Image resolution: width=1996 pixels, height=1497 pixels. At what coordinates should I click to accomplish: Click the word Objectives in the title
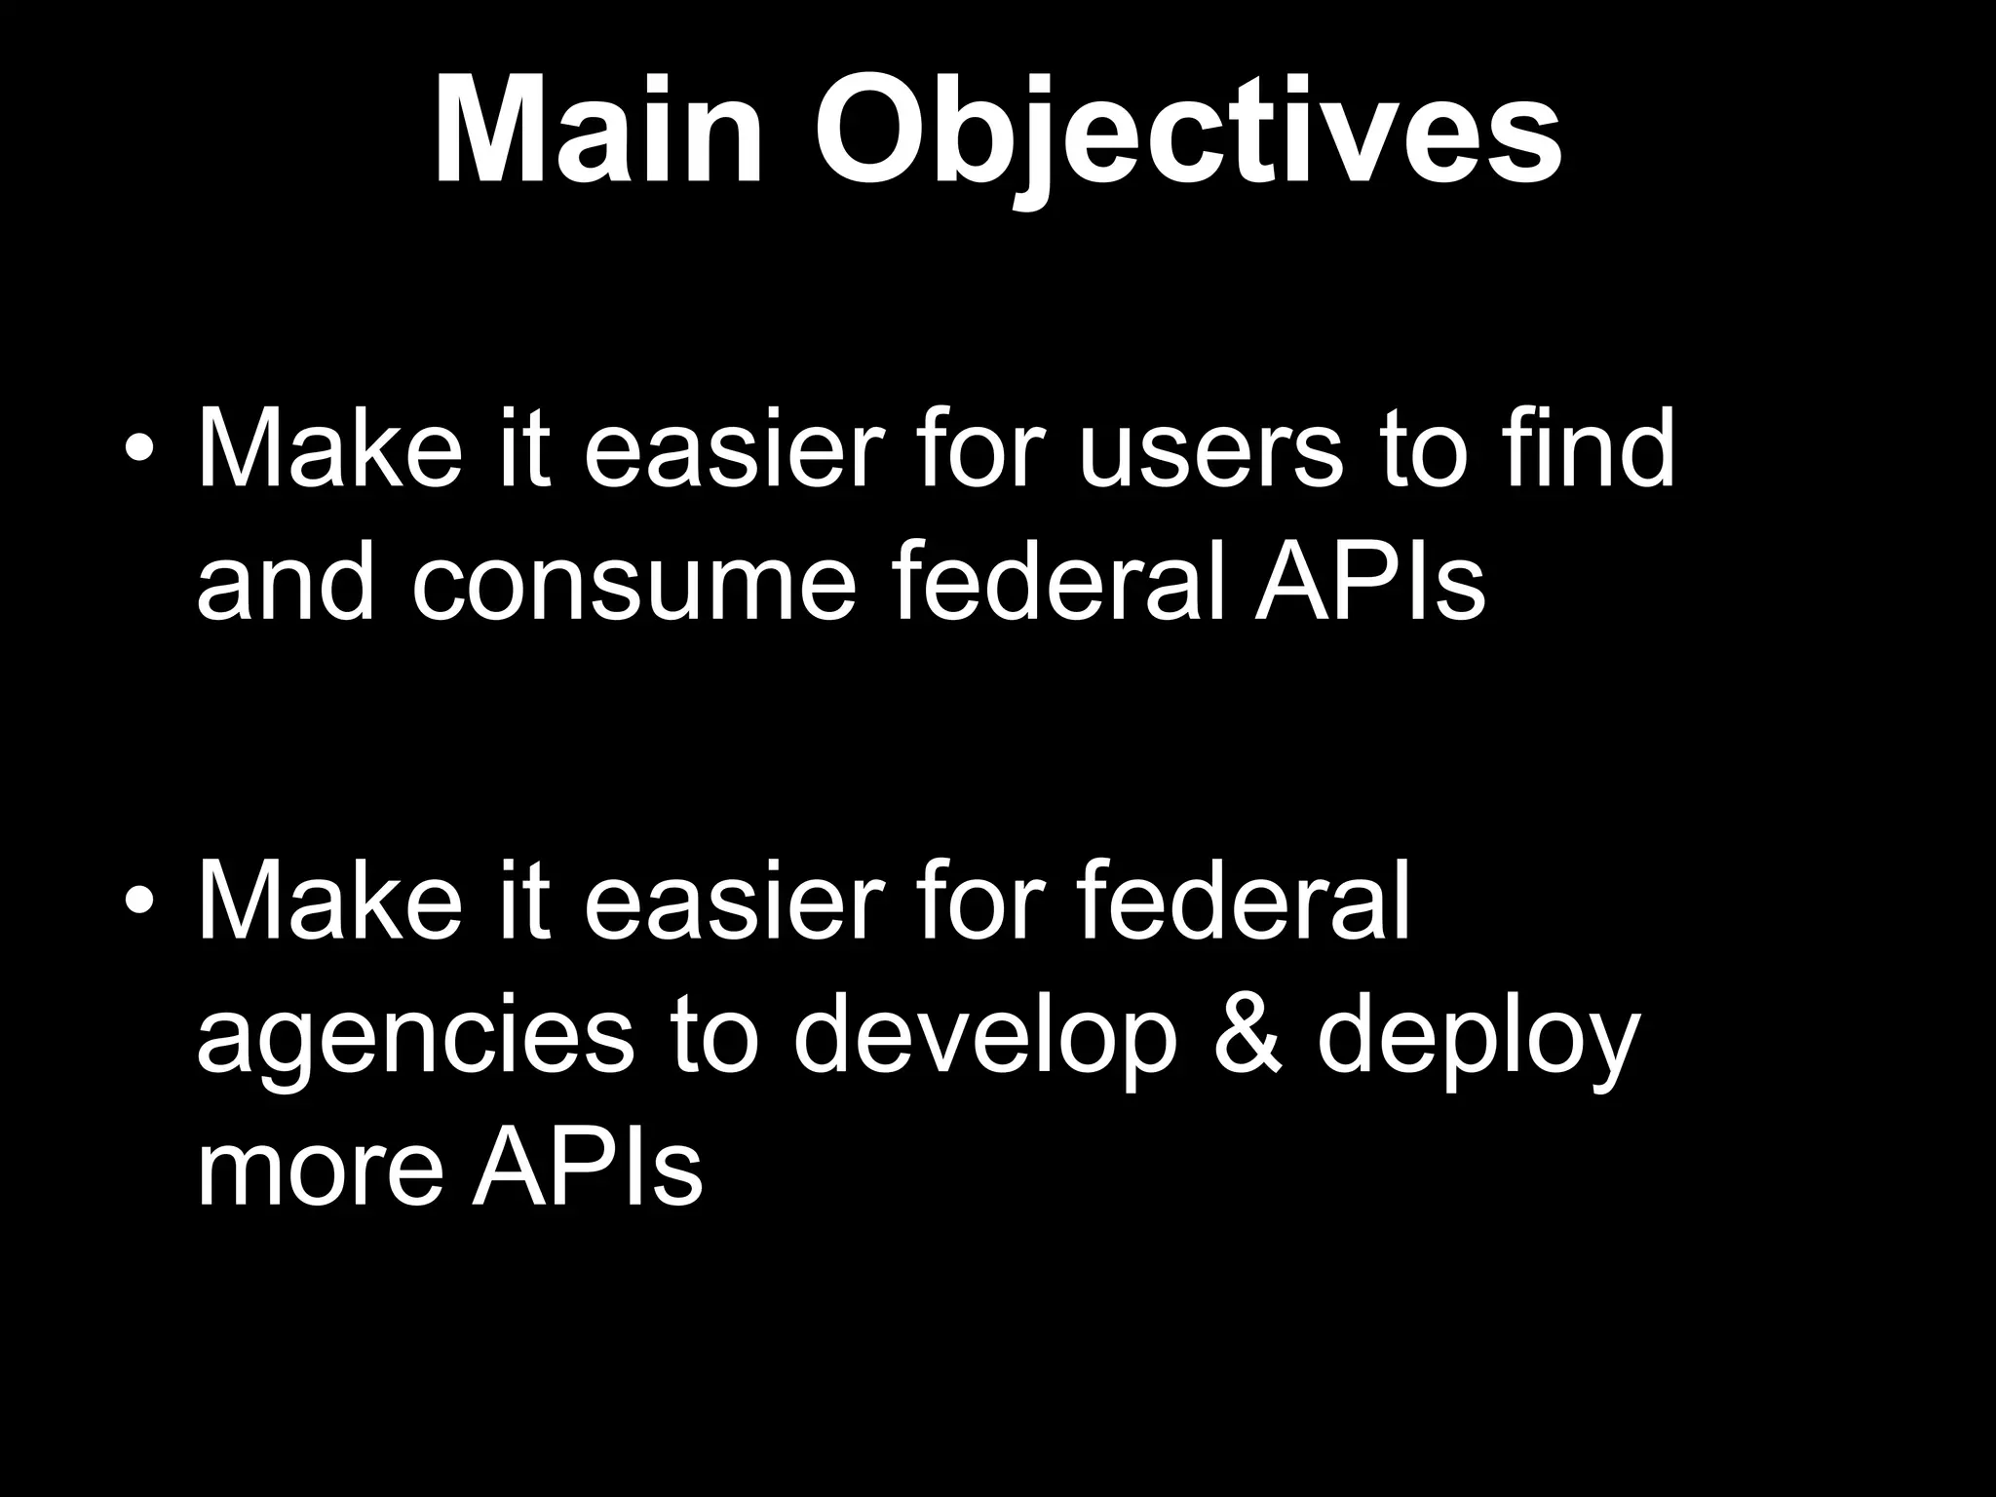[1186, 136]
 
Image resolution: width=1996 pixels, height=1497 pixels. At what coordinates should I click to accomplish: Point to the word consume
[633, 585]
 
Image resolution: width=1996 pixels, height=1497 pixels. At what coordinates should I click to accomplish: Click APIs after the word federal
[1369, 582]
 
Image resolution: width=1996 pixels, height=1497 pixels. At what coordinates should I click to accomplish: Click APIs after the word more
[587, 1169]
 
